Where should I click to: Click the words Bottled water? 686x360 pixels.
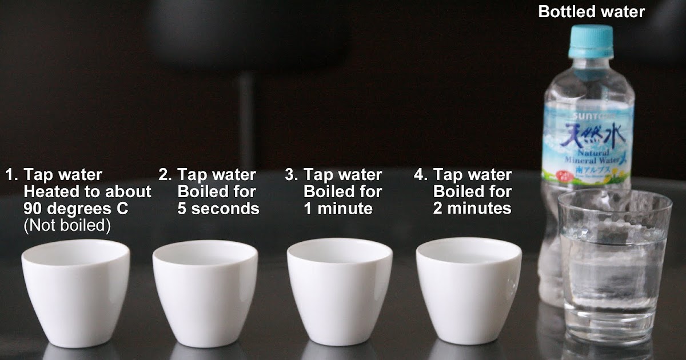(591, 11)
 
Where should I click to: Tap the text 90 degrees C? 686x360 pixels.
(76, 209)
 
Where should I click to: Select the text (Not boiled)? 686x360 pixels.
(67, 226)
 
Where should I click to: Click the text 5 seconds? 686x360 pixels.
(218, 209)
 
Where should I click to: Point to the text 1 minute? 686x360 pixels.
(338, 209)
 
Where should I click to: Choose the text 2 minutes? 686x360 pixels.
(472, 209)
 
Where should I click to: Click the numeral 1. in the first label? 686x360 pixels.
(11, 175)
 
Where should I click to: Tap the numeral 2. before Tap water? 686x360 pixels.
(165, 175)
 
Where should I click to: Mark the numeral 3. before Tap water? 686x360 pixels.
(292, 175)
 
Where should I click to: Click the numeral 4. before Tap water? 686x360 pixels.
(421, 175)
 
